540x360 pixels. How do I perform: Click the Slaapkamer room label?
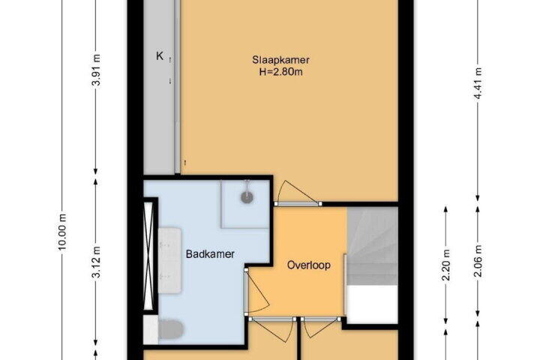pos(280,60)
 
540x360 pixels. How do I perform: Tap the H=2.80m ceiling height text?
pos(280,72)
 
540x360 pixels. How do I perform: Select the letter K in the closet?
pos(160,55)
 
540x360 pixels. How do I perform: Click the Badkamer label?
pos(210,254)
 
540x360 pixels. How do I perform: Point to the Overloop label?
pos(309,265)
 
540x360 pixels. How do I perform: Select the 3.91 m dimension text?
pos(97,70)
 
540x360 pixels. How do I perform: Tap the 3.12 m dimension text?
pos(97,262)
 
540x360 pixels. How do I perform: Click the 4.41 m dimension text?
pos(478,84)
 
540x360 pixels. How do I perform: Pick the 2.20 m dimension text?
pos(446,265)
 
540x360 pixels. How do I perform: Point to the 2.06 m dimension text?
pos(478,261)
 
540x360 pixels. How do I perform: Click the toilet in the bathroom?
pos(171,330)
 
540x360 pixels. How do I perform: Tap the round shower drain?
pos(247,197)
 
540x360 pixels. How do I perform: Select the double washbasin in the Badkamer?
pos(169,260)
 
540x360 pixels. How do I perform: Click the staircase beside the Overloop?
pos(372,246)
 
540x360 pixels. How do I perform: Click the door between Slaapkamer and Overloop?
pos(298,193)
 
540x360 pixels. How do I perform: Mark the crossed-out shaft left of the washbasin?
pos(148,256)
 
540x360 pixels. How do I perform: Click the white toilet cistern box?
pos(151,330)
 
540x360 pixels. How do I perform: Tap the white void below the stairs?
pos(372,304)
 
